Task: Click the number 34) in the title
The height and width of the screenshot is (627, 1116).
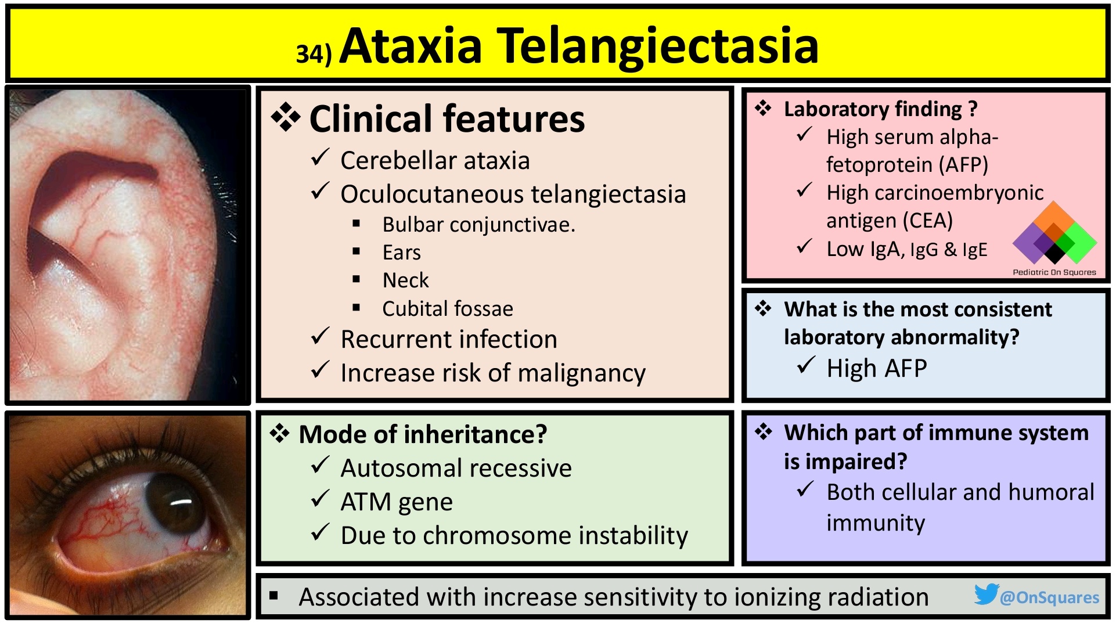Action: tap(314, 54)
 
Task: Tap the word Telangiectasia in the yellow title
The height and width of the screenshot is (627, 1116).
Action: tap(658, 46)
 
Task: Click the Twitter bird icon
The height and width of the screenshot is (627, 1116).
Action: tap(986, 594)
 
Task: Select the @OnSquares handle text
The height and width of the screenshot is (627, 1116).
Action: tap(1050, 597)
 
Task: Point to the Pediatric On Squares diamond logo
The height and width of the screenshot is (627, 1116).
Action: tap(1054, 235)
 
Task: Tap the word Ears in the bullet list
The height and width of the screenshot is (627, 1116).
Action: tap(401, 253)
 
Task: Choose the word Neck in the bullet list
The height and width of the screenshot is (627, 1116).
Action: tap(405, 280)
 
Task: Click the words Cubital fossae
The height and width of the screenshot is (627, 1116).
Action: tap(448, 309)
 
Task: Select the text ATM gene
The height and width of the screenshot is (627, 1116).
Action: tap(397, 502)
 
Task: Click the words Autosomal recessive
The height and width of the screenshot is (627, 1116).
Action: tap(456, 469)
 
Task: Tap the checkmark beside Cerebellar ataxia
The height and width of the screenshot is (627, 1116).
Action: tap(320, 158)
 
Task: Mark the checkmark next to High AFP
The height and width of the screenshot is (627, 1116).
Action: tap(805, 366)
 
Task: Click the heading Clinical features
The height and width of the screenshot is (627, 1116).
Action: tap(447, 119)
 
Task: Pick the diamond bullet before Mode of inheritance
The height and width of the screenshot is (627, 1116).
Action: tap(280, 434)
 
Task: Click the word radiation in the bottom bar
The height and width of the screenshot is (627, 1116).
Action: tap(878, 597)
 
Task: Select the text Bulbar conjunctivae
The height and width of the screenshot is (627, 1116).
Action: tap(478, 225)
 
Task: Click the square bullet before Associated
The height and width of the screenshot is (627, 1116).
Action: tap(274, 595)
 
